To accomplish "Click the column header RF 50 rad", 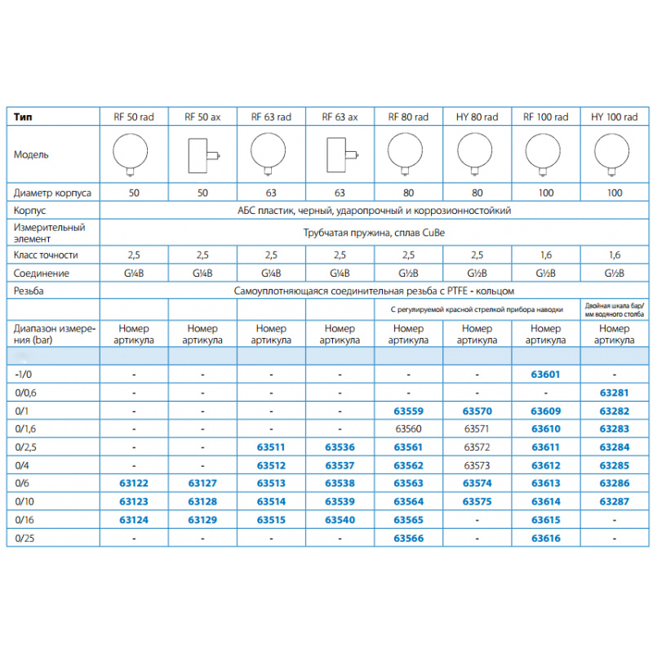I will pos(134,118).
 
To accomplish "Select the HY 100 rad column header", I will pos(614,118).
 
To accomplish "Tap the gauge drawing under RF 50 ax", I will pos(201,154).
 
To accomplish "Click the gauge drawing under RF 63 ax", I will pos(339,154).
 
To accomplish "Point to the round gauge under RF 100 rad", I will pos(545,153).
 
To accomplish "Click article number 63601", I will pos(546,375).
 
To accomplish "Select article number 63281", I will pos(614,393).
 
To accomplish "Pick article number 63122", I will pos(134,482).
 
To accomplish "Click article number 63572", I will pos(477,446).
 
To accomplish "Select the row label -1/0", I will pos(24,375).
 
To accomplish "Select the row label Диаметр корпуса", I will pos(52,193).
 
